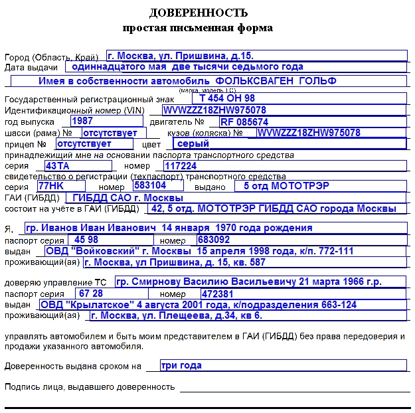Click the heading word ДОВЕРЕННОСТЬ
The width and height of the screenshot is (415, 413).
tap(199, 13)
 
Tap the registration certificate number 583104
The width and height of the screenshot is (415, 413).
tap(149, 186)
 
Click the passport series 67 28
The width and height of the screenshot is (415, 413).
tap(90, 293)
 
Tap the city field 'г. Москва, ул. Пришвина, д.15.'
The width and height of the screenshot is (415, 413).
tap(181, 56)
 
